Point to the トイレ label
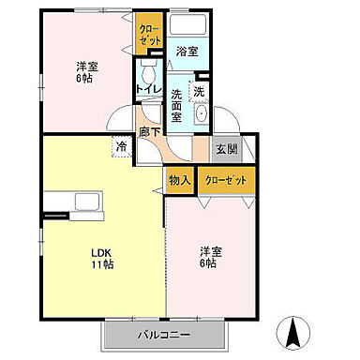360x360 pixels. tap(145, 90)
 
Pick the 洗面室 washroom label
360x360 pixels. tap(180, 101)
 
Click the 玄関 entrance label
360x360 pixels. tap(226, 148)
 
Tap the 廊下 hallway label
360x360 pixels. tap(149, 133)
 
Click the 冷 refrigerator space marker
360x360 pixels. tap(122, 145)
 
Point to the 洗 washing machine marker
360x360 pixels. tap(199, 92)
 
